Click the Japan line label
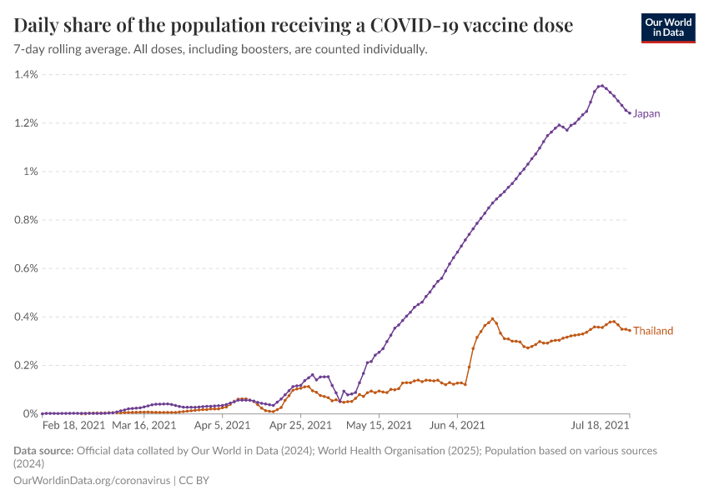(646, 113)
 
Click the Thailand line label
(653, 331)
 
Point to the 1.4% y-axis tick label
(26, 75)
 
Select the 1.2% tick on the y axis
(26, 123)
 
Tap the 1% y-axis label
(30, 172)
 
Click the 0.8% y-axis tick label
(26, 220)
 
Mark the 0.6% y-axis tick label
(26, 268)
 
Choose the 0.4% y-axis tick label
(26, 317)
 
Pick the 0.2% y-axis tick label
(26, 365)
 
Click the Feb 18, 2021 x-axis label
(74, 426)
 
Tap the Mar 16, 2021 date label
(143, 426)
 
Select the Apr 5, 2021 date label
(222, 426)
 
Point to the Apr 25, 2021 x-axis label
(300, 426)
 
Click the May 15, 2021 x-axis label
(379, 426)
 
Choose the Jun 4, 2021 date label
(457, 426)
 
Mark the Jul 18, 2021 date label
(599, 426)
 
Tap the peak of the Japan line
(601, 85)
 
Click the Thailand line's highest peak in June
(493, 318)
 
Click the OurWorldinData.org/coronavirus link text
(92, 480)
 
